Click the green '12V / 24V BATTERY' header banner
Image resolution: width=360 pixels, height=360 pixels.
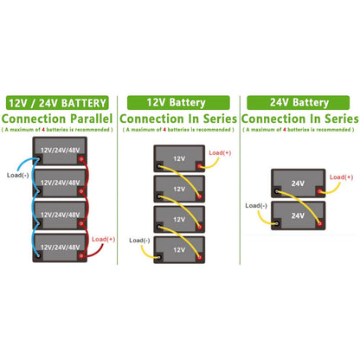click(x=57, y=103)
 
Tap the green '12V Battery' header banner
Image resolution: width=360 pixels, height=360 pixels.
click(x=178, y=102)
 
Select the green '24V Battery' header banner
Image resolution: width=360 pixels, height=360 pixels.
click(x=299, y=102)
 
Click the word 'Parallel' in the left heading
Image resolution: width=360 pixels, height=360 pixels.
click(x=91, y=119)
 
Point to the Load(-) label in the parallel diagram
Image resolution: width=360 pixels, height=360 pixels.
click(x=17, y=175)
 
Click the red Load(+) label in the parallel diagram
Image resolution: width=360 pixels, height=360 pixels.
click(x=103, y=239)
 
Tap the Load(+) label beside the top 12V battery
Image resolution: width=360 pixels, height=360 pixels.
click(x=220, y=152)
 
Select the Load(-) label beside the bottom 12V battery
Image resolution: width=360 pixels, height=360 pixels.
click(x=139, y=241)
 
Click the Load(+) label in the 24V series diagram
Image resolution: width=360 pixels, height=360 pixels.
click(x=341, y=177)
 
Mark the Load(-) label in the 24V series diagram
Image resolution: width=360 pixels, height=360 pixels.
click(x=256, y=205)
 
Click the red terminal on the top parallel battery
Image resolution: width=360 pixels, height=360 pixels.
click(x=81, y=159)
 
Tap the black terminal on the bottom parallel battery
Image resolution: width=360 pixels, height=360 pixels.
click(x=38, y=255)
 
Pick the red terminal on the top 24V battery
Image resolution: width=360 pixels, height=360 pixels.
click(x=319, y=191)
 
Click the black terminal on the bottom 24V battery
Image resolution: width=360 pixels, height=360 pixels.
click(x=277, y=223)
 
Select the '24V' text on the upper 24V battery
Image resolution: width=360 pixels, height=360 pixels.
click(x=298, y=183)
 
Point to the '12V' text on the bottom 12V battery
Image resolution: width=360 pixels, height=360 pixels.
click(x=179, y=250)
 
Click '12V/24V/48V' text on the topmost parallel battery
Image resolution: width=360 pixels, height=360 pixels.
click(x=60, y=151)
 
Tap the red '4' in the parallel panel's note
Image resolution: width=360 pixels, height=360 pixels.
click(x=43, y=130)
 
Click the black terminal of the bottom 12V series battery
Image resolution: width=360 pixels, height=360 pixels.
click(x=158, y=257)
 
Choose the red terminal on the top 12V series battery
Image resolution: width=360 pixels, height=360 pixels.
click(x=199, y=166)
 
